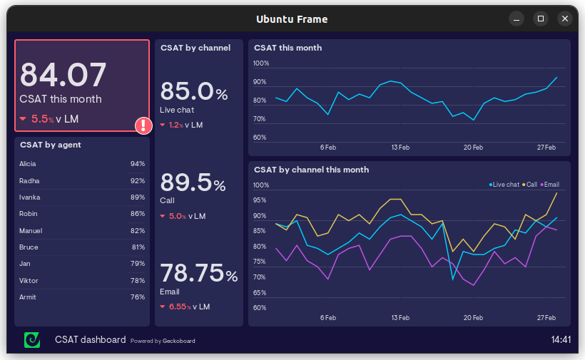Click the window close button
(x=565, y=19)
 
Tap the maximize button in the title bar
(x=541, y=19)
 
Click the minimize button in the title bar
(x=517, y=19)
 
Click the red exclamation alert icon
(x=144, y=125)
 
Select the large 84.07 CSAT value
(x=63, y=75)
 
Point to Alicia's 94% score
(x=137, y=164)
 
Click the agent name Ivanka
(x=30, y=197)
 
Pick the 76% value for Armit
(x=137, y=297)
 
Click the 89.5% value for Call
(x=193, y=183)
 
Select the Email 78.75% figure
(x=198, y=274)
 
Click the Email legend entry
(x=550, y=185)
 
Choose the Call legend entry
(x=530, y=185)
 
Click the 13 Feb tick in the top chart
(x=400, y=148)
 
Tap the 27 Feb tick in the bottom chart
(x=546, y=318)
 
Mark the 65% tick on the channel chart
(x=260, y=293)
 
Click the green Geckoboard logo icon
(x=32, y=340)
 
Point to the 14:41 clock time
(x=561, y=340)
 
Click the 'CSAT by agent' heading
(x=51, y=145)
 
